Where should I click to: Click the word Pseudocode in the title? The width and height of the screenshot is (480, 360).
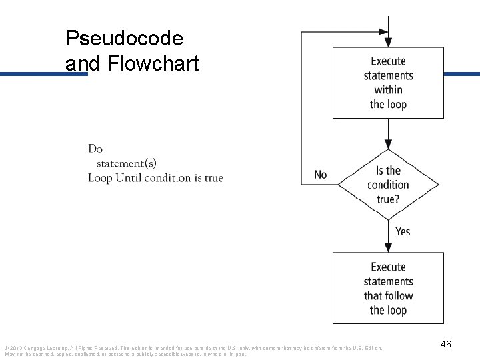coord(124,39)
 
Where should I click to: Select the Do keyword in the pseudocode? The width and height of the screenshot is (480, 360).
coord(95,149)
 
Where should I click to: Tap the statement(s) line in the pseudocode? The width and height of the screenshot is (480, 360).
coord(127,163)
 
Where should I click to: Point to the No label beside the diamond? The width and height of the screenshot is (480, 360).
coord(321,175)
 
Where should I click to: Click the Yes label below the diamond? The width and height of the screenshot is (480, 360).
coord(403,231)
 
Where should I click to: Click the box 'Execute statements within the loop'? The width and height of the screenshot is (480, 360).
coord(388,83)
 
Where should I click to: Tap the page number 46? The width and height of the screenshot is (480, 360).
coord(446,344)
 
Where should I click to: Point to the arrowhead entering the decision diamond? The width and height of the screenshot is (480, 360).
coord(388,145)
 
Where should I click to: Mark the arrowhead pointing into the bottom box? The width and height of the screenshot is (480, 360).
coord(388,247)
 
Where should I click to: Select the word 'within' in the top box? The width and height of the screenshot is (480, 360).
coord(388,89)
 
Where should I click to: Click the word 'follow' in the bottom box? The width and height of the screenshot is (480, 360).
coord(399,295)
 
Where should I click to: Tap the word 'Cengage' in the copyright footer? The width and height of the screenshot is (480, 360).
coord(35,348)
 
